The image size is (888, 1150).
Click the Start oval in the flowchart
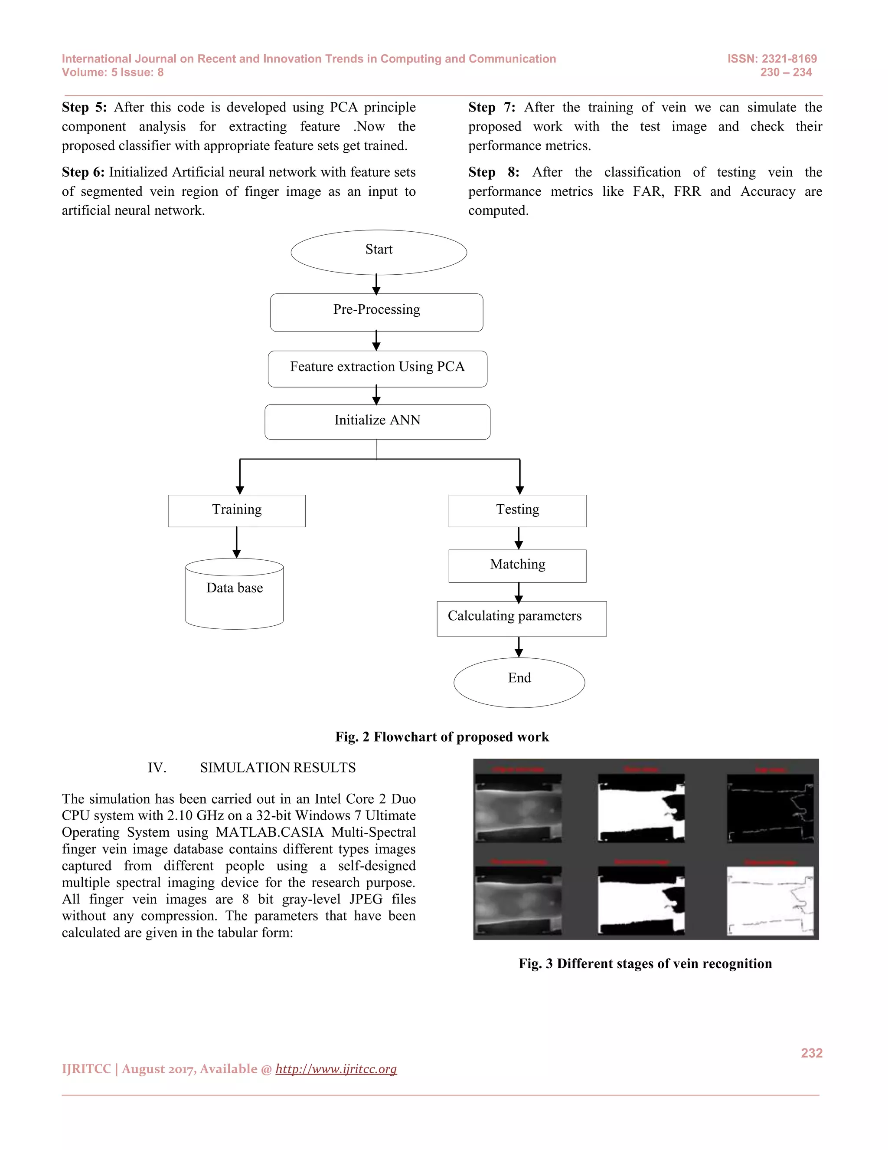(x=379, y=252)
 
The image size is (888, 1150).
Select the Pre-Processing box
(x=377, y=312)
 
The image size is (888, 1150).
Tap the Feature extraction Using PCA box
(x=377, y=368)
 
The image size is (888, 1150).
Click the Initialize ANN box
(x=377, y=422)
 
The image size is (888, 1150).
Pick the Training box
(x=237, y=510)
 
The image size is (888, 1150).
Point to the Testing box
(x=517, y=510)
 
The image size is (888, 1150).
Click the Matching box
(x=517, y=565)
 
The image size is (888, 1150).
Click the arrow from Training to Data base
(x=237, y=542)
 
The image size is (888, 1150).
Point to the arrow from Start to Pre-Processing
(x=376, y=284)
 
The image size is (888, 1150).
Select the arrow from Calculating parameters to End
(x=519, y=647)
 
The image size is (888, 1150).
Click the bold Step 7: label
(x=491, y=108)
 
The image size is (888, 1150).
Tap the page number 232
(x=811, y=1053)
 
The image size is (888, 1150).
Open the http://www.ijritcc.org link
(x=336, y=1068)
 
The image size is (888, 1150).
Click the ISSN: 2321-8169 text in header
(x=772, y=59)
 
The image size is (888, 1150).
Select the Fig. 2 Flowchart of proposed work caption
(x=442, y=737)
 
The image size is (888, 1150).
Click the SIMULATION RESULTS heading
(x=278, y=768)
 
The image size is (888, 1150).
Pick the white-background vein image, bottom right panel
(x=770, y=901)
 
